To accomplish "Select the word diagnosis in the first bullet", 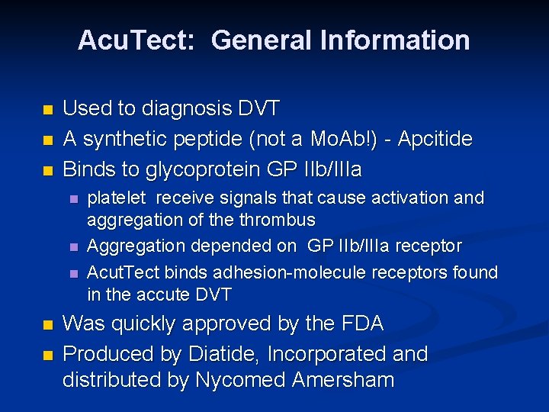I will click(x=183, y=109).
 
